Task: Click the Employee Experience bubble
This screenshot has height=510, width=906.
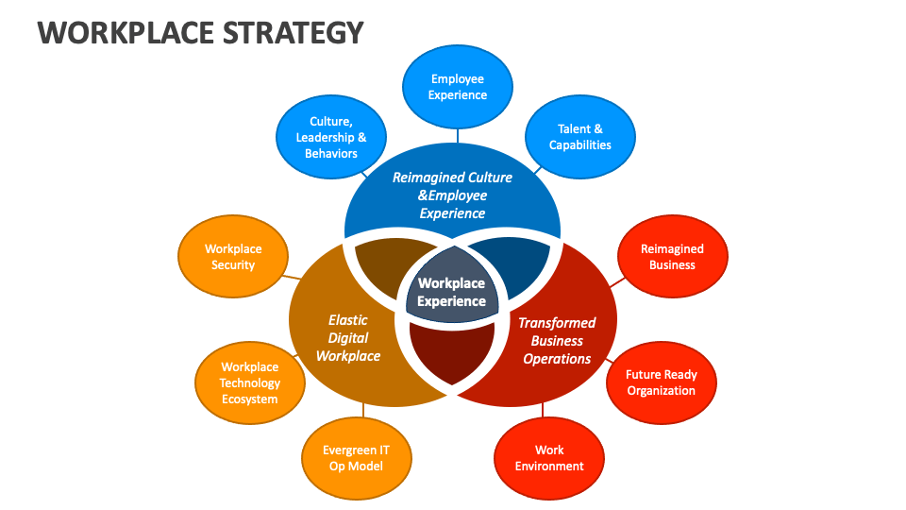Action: (x=458, y=88)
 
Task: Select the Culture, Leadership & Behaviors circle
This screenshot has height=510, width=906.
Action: (x=331, y=137)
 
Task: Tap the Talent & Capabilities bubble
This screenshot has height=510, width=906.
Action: (x=580, y=137)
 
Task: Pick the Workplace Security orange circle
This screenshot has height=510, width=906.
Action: (x=233, y=258)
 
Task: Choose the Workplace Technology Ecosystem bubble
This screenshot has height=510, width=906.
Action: (x=250, y=382)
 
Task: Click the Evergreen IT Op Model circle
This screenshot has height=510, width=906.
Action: (x=355, y=458)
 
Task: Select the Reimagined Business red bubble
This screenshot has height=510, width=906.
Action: (x=672, y=257)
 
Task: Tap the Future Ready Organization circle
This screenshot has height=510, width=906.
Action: (x=661, y=382)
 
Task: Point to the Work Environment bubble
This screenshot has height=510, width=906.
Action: (x=549, y=458)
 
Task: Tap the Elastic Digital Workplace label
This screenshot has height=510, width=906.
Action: (x=348, y=338)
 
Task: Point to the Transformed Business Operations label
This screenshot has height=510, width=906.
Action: (x=557, y=341)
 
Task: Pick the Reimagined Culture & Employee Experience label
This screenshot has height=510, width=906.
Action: (x=452, y=195)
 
